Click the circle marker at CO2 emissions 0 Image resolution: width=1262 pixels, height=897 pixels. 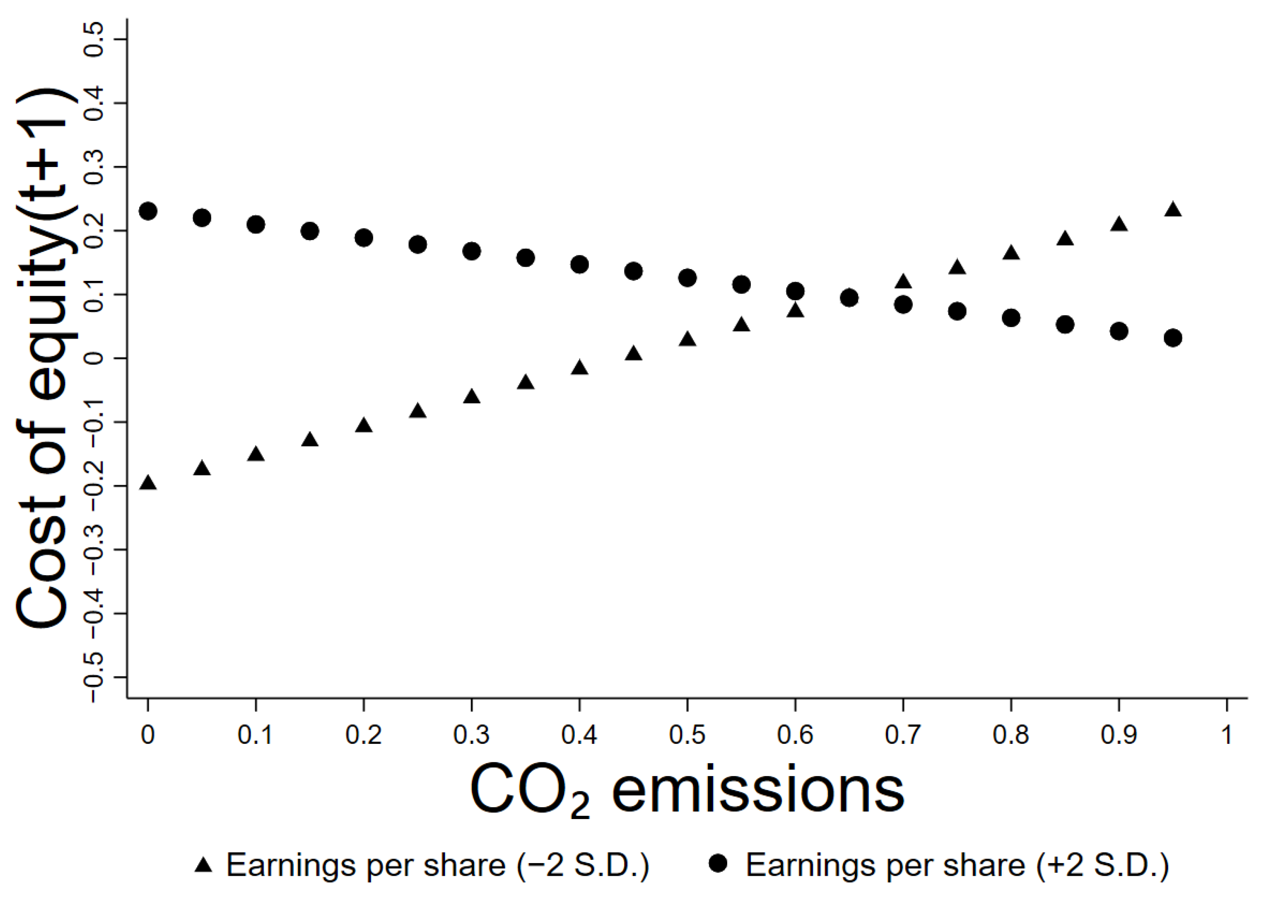tap(148, 211)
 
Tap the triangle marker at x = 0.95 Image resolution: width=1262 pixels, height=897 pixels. tap(1173, 210)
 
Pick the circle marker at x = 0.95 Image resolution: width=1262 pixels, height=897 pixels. tap(1173, 338)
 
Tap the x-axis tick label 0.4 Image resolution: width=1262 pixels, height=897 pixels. tap(579, 735)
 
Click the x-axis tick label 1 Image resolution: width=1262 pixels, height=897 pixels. tap(1226, 735)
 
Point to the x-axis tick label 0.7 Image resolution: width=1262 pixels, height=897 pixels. tap(902, 735)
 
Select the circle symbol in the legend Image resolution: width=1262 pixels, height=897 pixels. tap(719, 864)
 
